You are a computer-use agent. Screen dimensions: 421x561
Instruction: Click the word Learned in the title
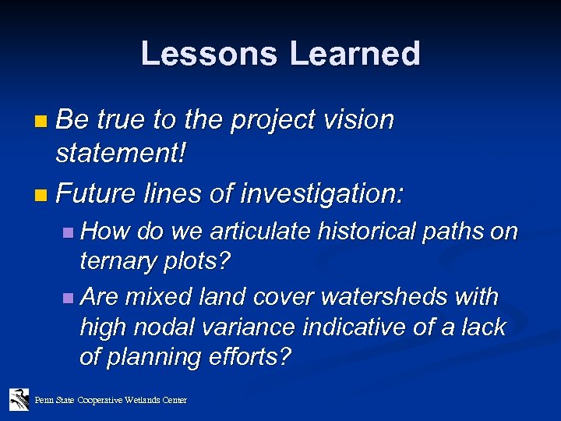356,54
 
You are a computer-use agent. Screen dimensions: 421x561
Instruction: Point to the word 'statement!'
121,154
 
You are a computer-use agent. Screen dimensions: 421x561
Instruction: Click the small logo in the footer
19,399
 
